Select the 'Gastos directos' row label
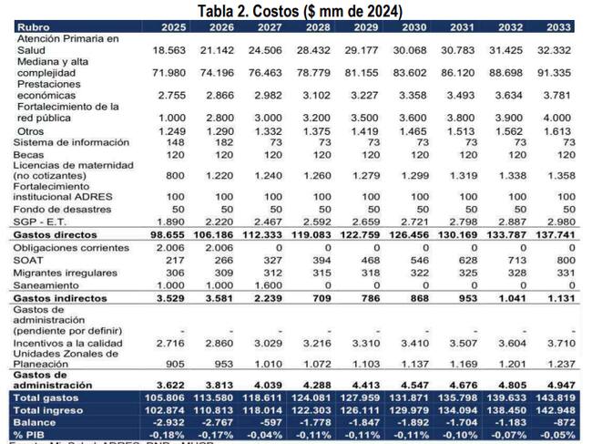[x=56, y=234]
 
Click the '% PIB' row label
[x=33, y=435]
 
